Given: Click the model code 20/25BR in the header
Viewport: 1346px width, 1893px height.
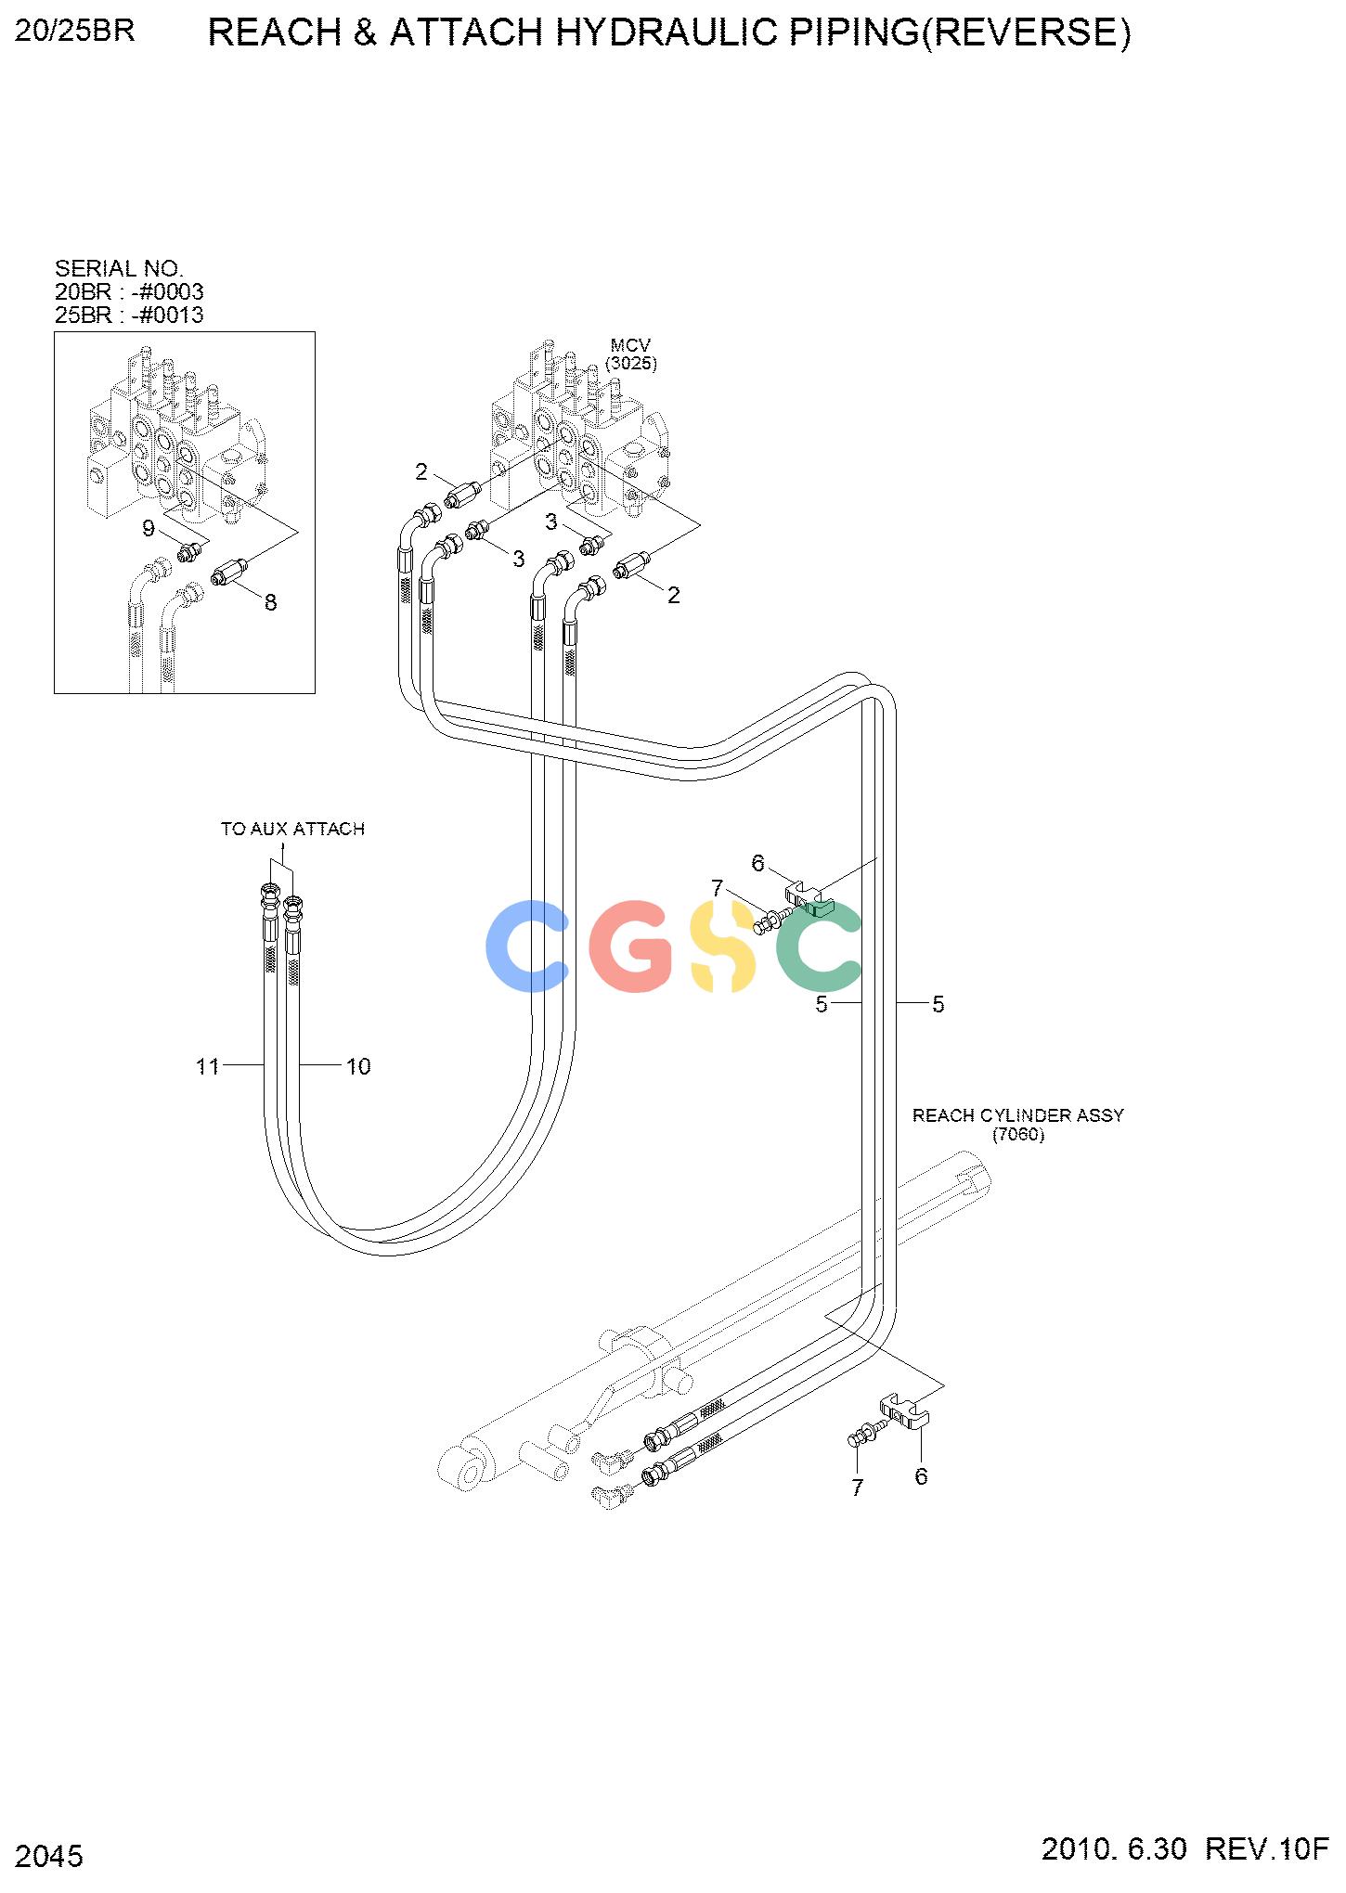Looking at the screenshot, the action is (x=75, y=31).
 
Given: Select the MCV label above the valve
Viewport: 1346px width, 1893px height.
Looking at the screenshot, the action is (x=630, y=346).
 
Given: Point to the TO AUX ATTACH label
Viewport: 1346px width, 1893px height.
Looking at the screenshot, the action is (x=292, y=829).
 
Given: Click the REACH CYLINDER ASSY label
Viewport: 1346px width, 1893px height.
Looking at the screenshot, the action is (x=1018, y=1115).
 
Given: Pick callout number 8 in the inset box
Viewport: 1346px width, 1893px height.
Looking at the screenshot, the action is (x=270, y=602).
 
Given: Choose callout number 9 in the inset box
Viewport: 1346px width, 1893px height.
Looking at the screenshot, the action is (x=148, y=529).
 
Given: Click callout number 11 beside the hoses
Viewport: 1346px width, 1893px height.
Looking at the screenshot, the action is (x=207, y=1067).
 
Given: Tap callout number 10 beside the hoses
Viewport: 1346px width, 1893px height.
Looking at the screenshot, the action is (x=358, y=1067).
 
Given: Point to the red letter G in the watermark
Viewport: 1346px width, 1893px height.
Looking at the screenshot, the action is (x=631, y=946).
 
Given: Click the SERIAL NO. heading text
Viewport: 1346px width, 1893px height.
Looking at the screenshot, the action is (x=119, y=269).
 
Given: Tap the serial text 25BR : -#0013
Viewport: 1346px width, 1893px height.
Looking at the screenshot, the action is (x=129, y=315).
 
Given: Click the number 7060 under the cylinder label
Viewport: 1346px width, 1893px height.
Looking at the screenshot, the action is (x=1018, y=1135).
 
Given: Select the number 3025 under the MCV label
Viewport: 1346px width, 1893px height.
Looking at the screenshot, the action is (x=631, y=364).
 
